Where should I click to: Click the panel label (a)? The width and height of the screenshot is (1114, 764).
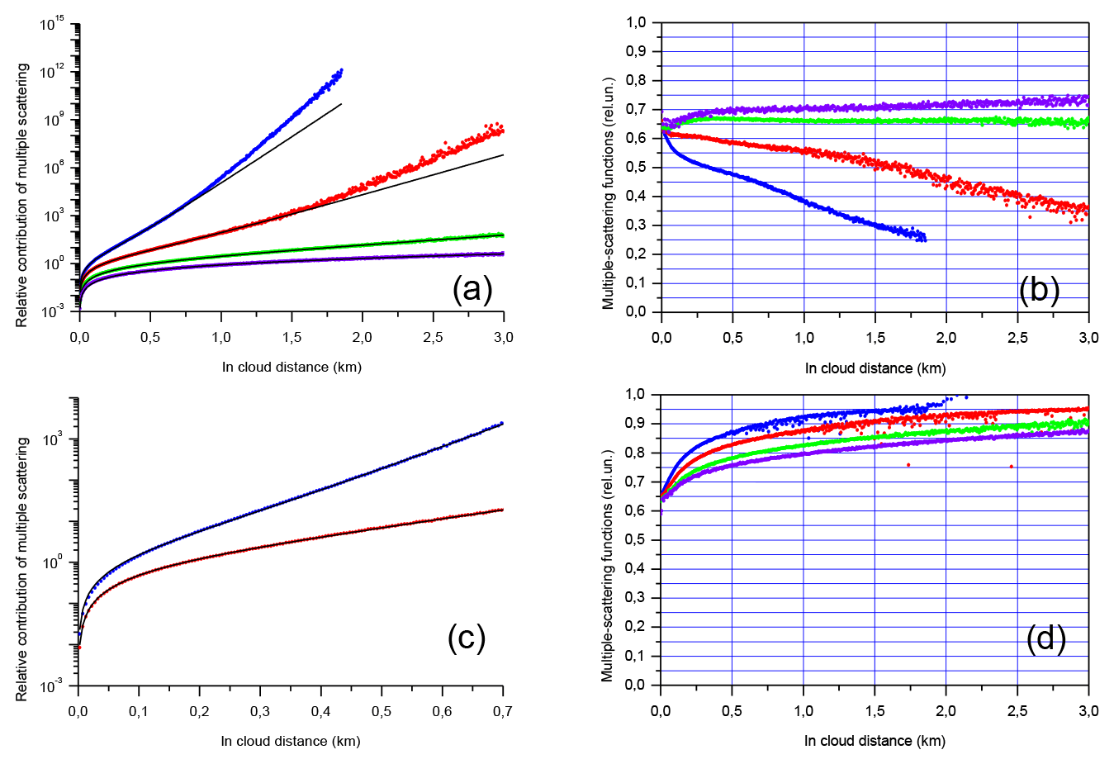coord(472,289)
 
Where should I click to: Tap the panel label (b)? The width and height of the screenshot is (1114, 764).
coord(1039,289)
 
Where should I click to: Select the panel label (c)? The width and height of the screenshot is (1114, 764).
coord(467,637)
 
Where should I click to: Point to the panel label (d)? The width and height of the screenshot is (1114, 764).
coord(1045,638)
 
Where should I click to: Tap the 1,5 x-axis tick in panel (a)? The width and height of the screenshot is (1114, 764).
coord(292,337)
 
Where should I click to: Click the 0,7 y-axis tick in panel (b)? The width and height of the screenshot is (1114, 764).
coord(635,110)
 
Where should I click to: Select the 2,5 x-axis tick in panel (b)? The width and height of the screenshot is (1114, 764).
coord(1017,337)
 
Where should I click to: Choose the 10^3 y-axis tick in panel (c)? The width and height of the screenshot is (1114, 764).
coord(55,439)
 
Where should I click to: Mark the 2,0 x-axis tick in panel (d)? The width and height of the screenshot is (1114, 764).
coord(946,711)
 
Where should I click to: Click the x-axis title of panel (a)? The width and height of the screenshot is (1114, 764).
coord(292,367)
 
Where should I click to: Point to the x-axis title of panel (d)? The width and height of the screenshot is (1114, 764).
coord(875,741)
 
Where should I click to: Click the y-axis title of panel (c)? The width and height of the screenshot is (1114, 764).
coord(22,570)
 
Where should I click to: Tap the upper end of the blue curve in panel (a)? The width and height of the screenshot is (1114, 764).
coord(341,70)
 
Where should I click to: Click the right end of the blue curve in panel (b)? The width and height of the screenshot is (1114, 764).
coord(924,240)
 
